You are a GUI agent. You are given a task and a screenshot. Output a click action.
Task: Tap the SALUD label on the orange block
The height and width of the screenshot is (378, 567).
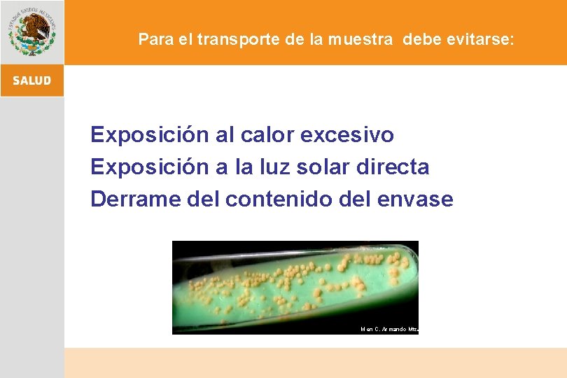pyautogui.click(x=31, y=80)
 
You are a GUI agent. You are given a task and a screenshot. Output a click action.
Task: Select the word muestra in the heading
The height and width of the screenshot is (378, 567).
pyautogui.click(x=363, y=39)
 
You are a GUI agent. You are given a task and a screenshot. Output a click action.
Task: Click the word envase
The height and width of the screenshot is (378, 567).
pyautogui.click(x=415, y=199)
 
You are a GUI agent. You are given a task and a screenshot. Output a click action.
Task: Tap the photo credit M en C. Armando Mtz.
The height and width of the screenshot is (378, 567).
pyautogui.click(x=388, y=329)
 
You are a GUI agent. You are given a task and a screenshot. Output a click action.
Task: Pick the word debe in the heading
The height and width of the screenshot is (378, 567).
pyautogui.click(x=419, y=39)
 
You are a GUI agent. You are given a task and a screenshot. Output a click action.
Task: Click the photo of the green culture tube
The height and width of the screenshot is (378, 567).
pyautogui.click(x=294, y=287)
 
